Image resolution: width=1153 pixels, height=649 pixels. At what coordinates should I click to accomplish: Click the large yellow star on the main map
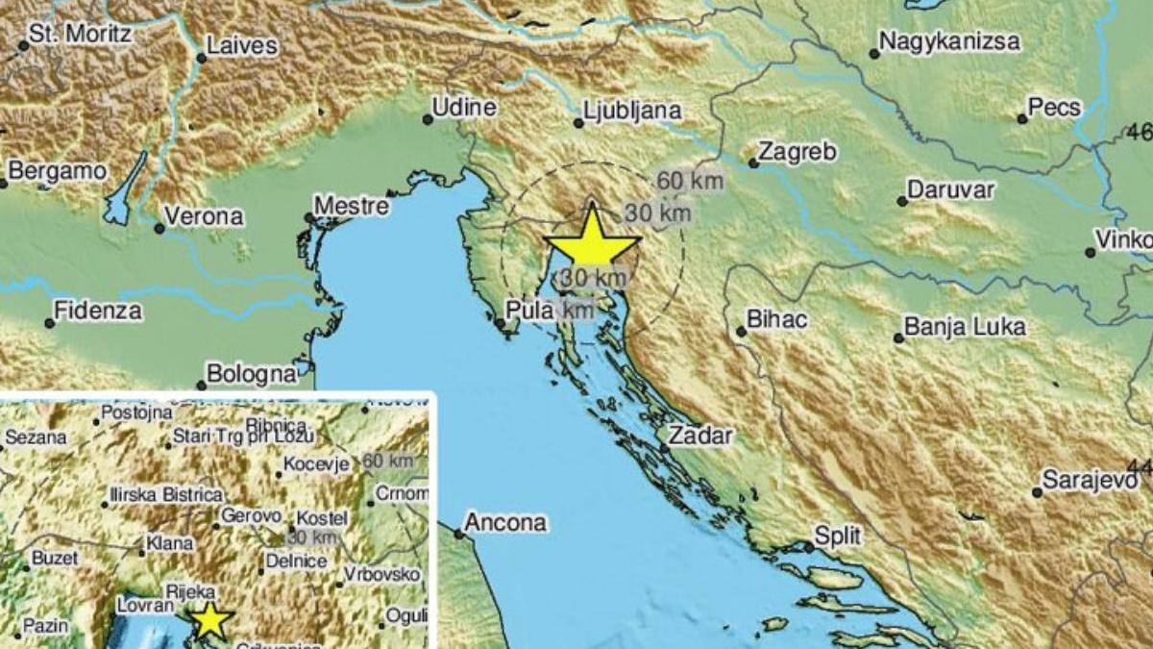(592, 240)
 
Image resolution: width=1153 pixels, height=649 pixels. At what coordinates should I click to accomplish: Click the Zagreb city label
(797, 152)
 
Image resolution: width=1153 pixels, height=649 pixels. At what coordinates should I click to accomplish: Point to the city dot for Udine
(428, 120)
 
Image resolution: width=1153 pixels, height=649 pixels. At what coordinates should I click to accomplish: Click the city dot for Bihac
(741, 332)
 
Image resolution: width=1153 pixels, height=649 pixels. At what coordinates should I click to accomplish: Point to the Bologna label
(252, 372)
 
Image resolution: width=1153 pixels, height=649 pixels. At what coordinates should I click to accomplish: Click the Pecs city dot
(1022, 119)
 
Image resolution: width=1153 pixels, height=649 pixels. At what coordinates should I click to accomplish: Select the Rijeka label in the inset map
(190, 592)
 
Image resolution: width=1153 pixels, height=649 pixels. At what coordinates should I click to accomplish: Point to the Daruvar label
(950, 189)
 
